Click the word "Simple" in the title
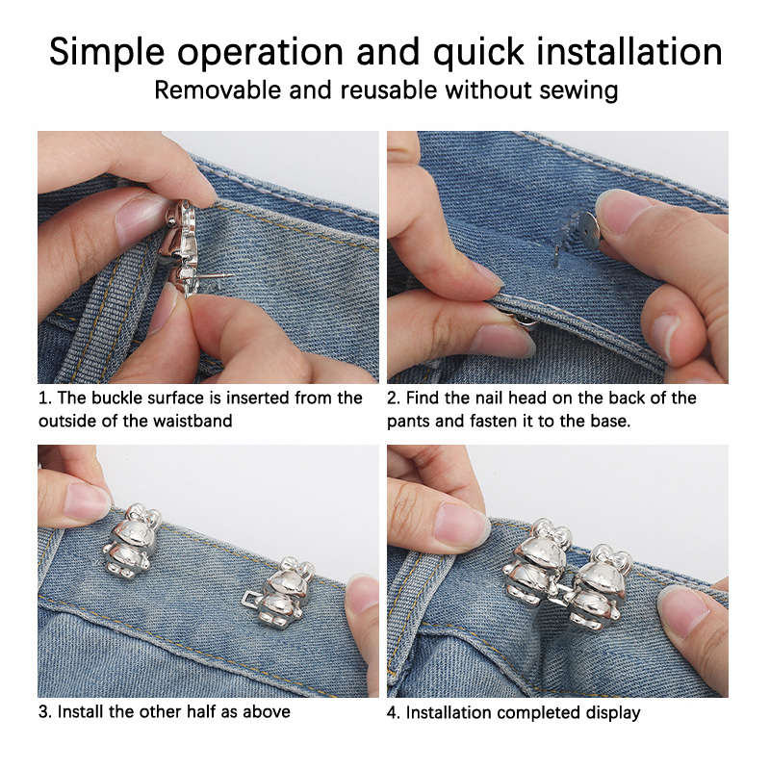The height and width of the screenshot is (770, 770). click(107, 53)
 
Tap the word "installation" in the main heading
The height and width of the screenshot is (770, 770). click(629, 51)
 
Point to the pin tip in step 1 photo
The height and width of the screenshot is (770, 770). click(231, 276)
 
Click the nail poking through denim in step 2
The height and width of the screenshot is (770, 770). click(556, 256)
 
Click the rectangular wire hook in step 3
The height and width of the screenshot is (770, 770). click(251, 603)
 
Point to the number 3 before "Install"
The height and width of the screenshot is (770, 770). click(42, 711)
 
